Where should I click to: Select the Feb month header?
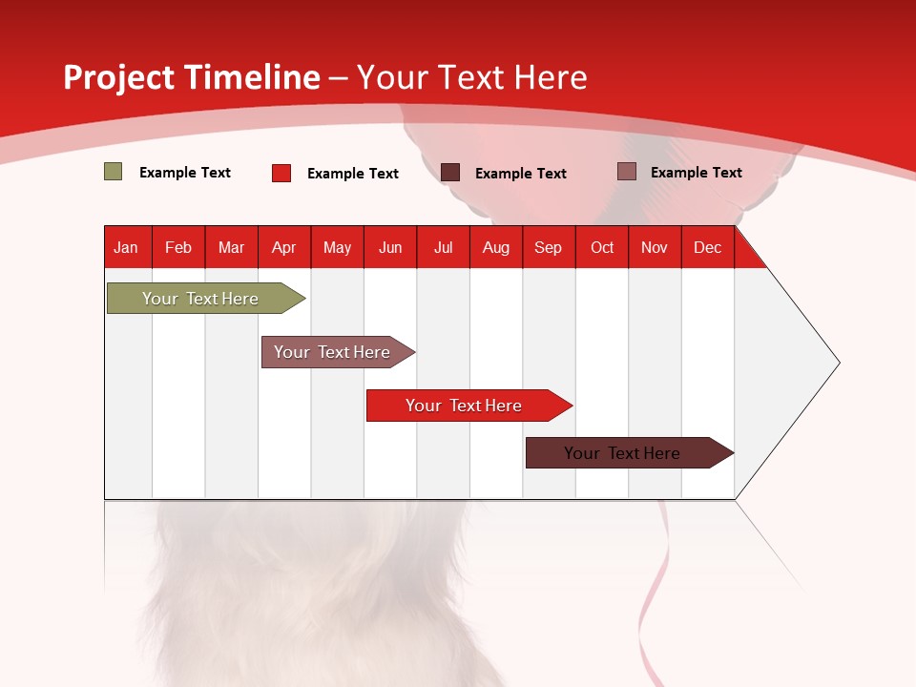pos(178,247)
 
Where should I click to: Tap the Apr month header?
pos(284,247)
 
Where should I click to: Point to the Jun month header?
pos(390,247)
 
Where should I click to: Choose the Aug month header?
pos(496,247)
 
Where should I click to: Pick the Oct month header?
pos(602,247)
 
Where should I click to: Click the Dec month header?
pos(708,247)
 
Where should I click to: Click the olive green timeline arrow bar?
pos(206,298)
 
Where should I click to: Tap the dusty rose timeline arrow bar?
pos(338,352)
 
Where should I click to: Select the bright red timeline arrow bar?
pos(469,406)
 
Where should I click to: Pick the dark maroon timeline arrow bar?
pos(630,452)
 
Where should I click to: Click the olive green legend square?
pos(113,172)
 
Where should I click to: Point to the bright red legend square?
pos(281,173)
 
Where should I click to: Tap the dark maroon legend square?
pos(450,173)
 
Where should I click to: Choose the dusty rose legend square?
pos(627,171)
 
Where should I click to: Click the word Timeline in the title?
pos(252,77)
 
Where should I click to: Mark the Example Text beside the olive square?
pos(185,173)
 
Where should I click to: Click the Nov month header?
pos(655,247)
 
